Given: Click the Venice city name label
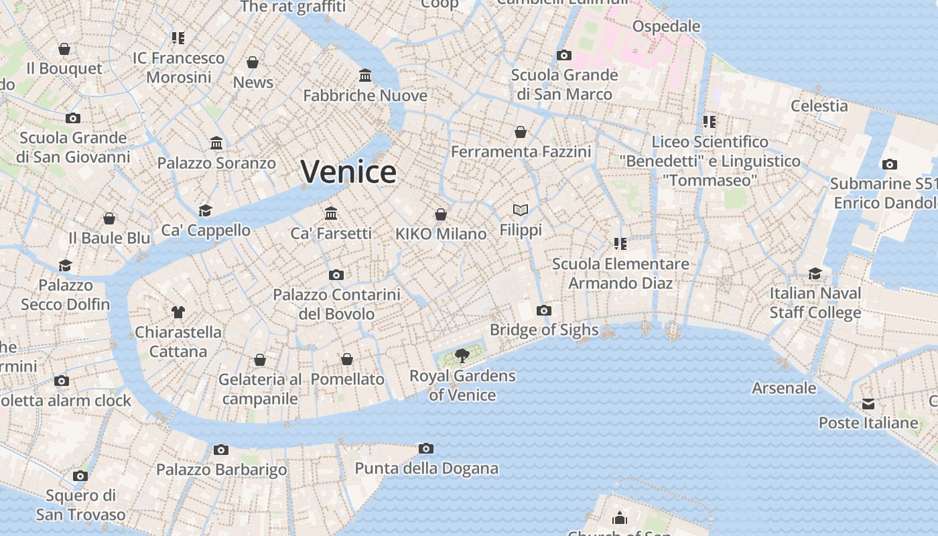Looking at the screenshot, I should pos(348,172).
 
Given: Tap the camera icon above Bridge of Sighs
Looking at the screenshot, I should pos(544,310).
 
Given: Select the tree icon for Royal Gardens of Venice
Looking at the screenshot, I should pos(462,356).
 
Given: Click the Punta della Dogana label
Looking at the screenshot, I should pos(426,468).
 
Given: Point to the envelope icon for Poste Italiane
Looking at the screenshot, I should pos(868,404).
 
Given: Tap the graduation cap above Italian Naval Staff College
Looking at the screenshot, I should pos(815,273).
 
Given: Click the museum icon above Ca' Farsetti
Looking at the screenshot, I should pos(331,213).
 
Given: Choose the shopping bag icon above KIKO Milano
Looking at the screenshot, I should pos(441,214).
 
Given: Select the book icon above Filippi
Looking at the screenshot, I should pos(521,210).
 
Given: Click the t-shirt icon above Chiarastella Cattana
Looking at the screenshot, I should pos(178,312).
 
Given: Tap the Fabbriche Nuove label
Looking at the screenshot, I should pos(365,96).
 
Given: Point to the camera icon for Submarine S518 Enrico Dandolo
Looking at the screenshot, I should pos(890,164).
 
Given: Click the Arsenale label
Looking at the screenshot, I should pos(784,388).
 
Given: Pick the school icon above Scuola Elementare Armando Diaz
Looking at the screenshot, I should pos(620,244).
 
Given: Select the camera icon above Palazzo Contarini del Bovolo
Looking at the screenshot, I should pos(336,275).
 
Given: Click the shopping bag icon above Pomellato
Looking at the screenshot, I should pos(347,360).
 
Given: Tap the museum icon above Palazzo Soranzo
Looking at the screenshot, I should pos(216,143).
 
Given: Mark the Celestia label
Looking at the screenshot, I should pos(819,106).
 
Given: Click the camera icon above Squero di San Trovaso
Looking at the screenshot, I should pos(80,476).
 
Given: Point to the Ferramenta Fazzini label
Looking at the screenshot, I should pos(521,152).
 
